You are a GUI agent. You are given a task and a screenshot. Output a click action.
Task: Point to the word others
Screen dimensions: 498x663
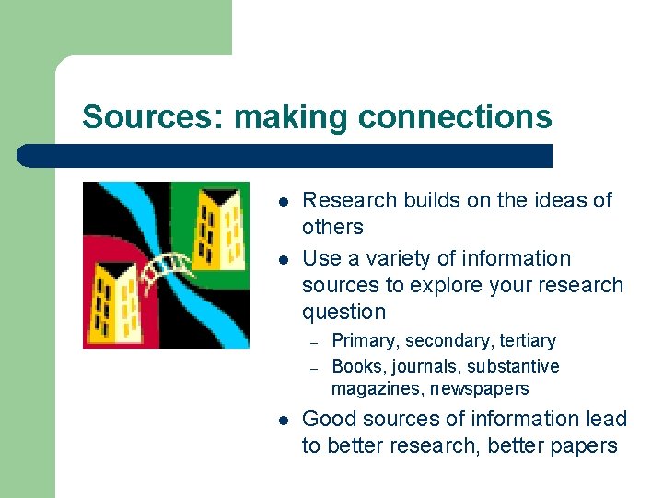332,227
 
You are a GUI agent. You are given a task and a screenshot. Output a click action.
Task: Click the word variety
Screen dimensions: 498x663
421,258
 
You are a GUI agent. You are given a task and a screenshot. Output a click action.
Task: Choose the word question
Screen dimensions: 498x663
343,312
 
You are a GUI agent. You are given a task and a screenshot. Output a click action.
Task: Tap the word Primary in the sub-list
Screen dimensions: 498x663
365,341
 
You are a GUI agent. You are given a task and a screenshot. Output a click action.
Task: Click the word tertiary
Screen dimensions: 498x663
522,341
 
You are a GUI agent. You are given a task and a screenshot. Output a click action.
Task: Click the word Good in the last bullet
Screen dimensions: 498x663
329,419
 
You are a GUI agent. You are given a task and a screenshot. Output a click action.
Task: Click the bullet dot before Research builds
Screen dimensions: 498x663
284,201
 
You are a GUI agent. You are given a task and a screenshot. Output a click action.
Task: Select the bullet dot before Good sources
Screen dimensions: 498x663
284,420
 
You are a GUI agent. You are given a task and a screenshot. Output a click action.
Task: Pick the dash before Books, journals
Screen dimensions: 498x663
313,367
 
